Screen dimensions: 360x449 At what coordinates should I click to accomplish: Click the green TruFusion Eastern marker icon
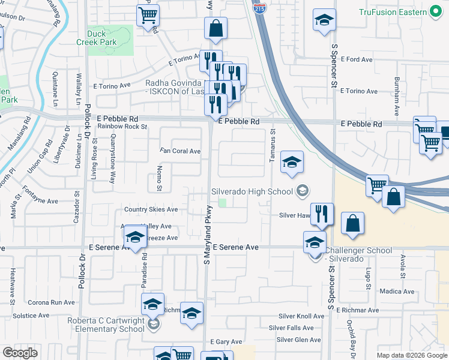(436, 12)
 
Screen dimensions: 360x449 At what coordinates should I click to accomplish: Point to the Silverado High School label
(252, 191)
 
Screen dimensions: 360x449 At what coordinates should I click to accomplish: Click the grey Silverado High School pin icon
(303, 191)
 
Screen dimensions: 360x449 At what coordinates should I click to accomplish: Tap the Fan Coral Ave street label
(180, 151)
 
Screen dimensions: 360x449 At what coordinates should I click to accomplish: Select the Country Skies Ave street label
(151, 209)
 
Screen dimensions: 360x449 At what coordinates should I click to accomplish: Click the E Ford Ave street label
(357, 59)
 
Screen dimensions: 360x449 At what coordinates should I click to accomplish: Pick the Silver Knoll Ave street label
(301, 316)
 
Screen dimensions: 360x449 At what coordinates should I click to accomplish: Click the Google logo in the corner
(20, 353)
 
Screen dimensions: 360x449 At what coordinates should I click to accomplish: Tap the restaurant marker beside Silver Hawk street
(322, 214)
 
